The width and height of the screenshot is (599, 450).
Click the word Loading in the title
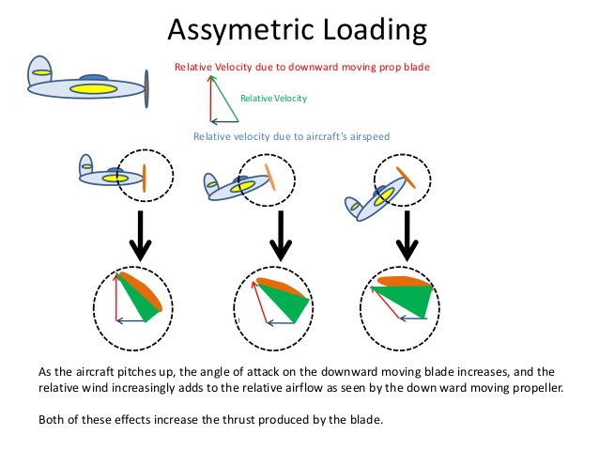tap(375, 30)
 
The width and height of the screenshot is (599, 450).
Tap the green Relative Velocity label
tap(273, 99)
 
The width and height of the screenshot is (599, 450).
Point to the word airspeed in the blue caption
tap(369, 137)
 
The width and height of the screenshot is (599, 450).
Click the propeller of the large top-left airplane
tap(146, 88)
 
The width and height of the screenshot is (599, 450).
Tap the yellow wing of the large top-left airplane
tap(93, 89)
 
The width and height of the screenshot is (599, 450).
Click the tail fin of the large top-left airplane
tap(39, 70)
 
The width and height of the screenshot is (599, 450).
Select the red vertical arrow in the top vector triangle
tap(210, 99)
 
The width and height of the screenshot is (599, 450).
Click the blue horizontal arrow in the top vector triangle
tap(224, 121)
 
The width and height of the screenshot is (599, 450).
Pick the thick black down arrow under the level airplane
tap(141, 236)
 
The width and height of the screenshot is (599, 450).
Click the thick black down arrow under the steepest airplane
tap(407, 236)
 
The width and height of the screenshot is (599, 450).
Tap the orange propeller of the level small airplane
tap(145, 178)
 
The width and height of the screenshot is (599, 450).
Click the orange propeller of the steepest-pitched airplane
tap(406, 178)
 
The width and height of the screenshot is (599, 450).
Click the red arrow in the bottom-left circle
tap(116, 297)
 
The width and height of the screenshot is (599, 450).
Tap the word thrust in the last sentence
tap(238, 420)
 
